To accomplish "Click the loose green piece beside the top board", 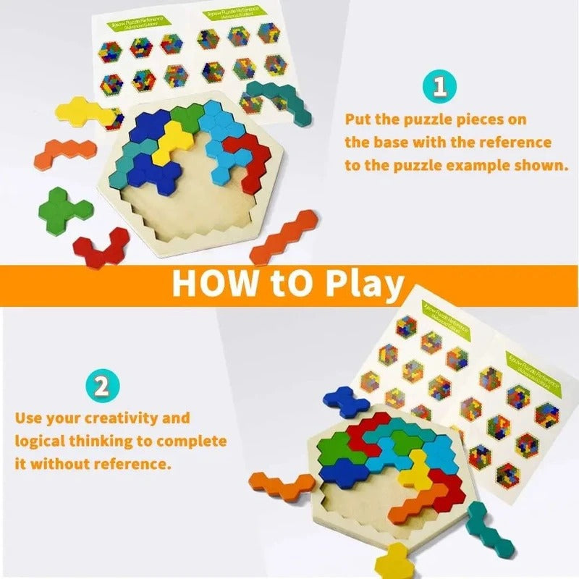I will [69, 210].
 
